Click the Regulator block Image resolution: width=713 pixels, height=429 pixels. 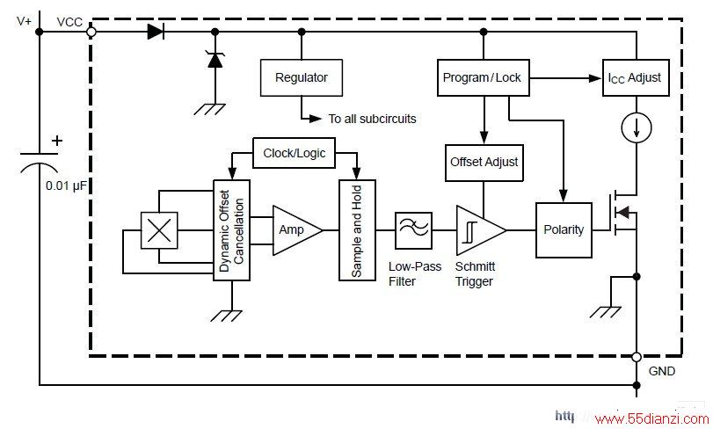point(301,77)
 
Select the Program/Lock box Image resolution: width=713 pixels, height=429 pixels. point(483,77)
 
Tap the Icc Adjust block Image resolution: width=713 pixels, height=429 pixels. point(636,77)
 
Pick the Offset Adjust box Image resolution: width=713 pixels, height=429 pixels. point(484,163)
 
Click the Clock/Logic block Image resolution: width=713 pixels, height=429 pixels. point(294,153)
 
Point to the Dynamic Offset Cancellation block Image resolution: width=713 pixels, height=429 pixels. point(231,230)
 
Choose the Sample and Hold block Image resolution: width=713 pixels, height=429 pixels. point(357,230)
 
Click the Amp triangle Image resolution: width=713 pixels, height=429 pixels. point(297,230)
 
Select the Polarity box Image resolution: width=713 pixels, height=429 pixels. point(564,230)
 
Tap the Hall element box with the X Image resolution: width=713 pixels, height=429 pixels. point(159,230)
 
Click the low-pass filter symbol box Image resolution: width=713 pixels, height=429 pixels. point(413,230)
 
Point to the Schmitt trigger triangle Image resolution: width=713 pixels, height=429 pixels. point(481,230)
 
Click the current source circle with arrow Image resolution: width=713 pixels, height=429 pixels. point(637,127)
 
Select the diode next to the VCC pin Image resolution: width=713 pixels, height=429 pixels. point(156,32)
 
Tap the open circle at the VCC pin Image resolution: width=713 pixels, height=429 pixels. point(91,32)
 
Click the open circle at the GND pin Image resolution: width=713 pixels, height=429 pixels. point(637,357)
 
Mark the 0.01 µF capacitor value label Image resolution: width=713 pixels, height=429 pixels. point(66,185)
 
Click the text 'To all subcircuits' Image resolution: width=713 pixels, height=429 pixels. point(373,119)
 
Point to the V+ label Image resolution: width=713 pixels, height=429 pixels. point(24,21)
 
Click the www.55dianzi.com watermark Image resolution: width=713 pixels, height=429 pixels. point(651,418)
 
